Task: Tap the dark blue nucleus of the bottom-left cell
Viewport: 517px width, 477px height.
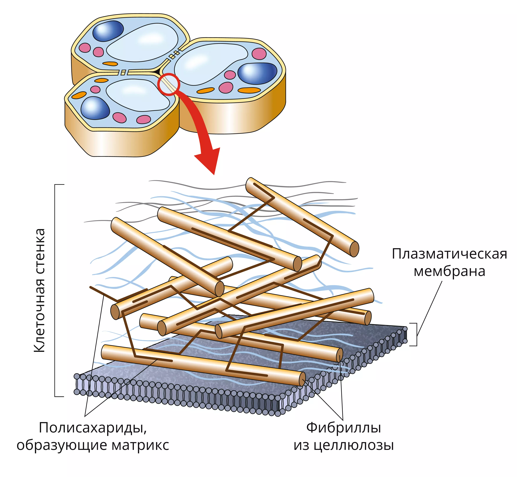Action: [x=95, y=108]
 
